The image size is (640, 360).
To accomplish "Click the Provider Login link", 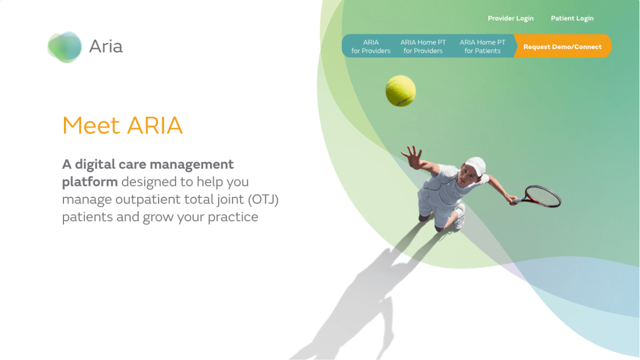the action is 510,18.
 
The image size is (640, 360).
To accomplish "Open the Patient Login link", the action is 572,18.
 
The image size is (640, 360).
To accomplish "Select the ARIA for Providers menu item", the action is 371,47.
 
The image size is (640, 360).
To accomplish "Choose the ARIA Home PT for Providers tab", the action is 423,47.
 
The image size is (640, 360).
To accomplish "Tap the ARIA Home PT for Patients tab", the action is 483,47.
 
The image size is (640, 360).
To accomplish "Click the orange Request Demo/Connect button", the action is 563,46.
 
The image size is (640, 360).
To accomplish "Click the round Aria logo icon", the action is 64,47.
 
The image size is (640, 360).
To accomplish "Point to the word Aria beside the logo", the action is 106,47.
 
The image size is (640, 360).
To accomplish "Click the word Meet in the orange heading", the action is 91,125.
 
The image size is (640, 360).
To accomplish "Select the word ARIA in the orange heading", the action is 155,125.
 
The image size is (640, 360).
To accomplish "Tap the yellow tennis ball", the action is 400,91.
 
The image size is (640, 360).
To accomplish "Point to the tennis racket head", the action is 543,196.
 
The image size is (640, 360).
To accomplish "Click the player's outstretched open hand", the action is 414,157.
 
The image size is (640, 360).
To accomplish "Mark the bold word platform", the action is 90,182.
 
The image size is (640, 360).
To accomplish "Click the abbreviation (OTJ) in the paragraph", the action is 263,199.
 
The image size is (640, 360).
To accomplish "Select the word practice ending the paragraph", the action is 233,217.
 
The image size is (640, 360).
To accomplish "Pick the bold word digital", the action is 95,164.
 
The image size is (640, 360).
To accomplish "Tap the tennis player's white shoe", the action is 459,217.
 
